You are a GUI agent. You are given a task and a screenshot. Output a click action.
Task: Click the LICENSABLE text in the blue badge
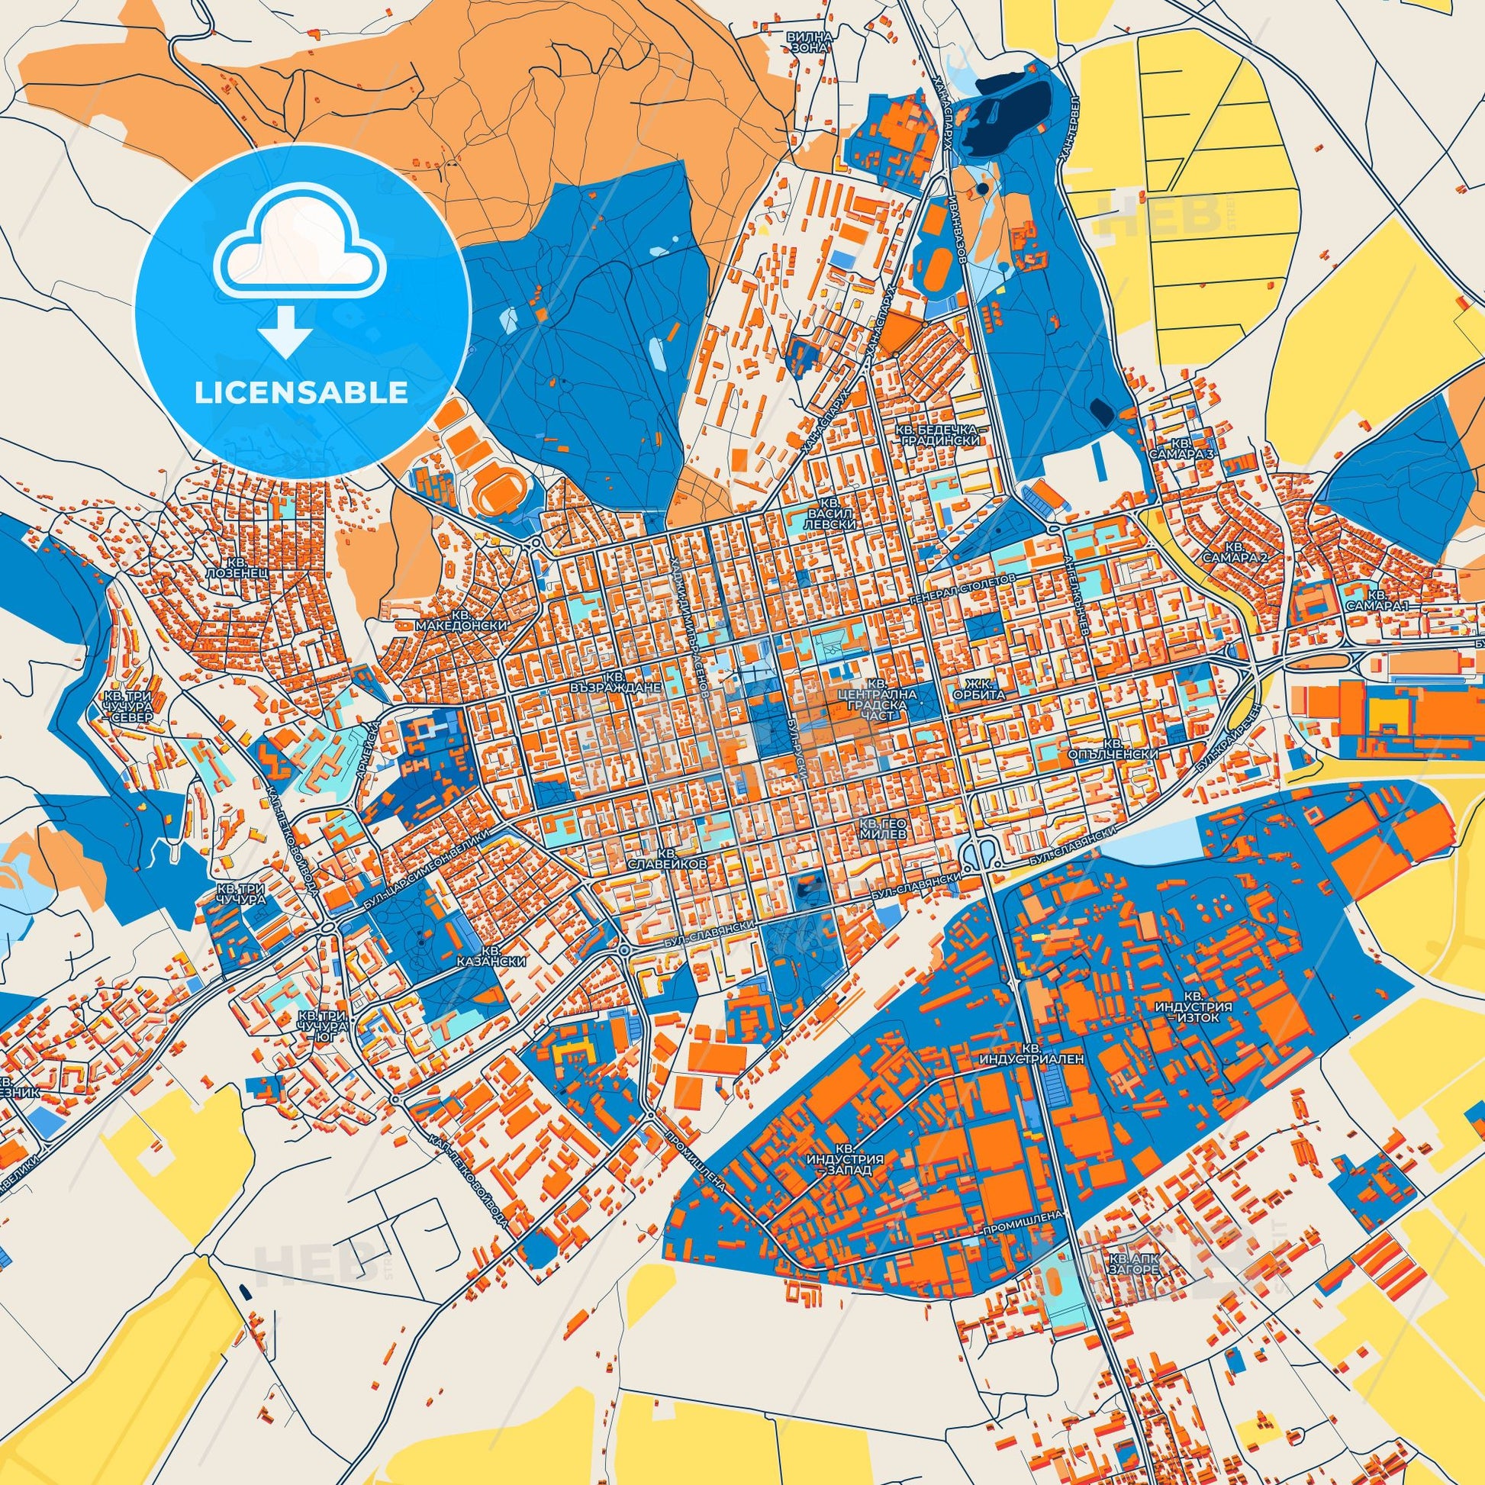click(301, 393)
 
